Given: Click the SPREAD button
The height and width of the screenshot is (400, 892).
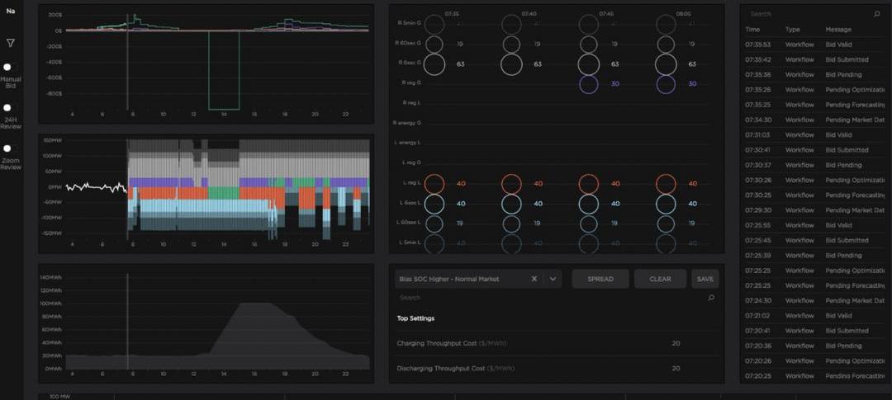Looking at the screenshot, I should coord(600,279).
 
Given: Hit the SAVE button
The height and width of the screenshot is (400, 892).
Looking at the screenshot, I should coord(705,279).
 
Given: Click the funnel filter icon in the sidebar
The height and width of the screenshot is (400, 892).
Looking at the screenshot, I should coord(11,43).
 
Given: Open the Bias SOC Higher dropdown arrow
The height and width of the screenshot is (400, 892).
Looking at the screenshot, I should coord(553,279).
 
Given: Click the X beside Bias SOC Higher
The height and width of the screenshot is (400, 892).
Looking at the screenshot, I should coord(534,279).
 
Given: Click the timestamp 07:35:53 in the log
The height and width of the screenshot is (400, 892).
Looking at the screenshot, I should coord(757,45).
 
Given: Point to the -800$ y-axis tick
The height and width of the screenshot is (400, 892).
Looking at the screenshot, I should coord(54,93).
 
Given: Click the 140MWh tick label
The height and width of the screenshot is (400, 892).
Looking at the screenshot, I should coord(51,277).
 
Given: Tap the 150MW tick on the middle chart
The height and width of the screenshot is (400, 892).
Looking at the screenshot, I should coord(53,140).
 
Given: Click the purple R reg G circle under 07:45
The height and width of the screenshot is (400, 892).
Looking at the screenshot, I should coord(588,83).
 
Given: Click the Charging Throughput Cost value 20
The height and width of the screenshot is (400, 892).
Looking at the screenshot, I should coord(676,343).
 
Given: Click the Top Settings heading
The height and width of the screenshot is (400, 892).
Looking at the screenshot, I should coord(415,318).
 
